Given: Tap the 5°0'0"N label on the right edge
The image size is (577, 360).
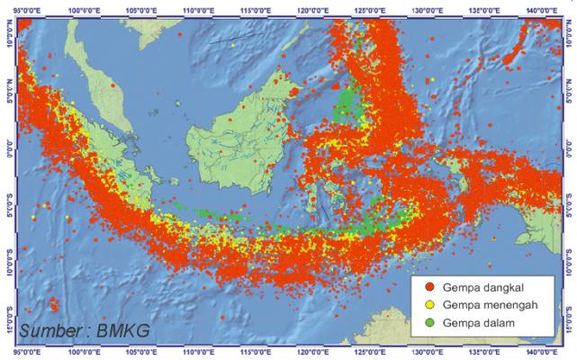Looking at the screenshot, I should (568, 91).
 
